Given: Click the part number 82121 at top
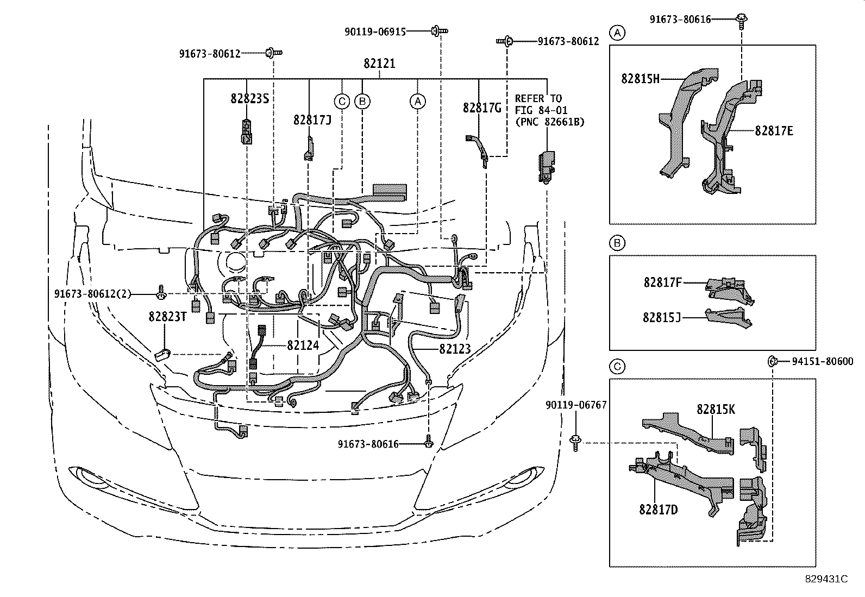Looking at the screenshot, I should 379,64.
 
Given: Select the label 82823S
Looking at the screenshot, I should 250,98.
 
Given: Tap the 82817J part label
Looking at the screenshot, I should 312,120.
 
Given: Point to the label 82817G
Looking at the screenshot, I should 482,108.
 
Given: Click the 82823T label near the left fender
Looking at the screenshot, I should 167,316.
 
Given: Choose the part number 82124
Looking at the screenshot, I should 303,345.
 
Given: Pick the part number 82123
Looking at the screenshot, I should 454,348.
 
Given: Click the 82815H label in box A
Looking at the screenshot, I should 640,79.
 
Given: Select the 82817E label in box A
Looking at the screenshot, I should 774,130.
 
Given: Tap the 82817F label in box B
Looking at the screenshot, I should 662,282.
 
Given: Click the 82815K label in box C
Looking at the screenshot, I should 716,410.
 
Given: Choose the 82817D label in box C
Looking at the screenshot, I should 658,510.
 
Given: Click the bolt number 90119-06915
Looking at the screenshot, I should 375,32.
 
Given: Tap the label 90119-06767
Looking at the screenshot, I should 576,405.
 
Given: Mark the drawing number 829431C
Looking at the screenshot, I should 826,579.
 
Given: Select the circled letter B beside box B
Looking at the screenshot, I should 617,243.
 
